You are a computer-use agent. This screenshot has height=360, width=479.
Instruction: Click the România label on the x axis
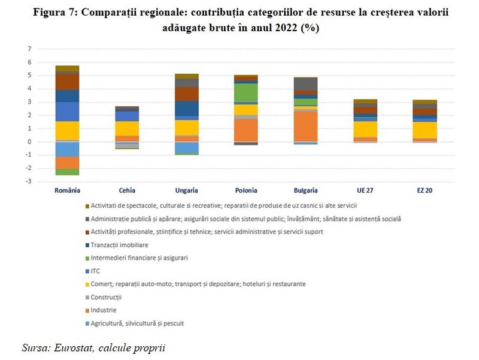tap(66, 190)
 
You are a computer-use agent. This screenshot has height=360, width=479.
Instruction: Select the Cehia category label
tap(127, 190)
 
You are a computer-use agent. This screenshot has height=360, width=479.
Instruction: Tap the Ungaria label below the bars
tap(186, 190)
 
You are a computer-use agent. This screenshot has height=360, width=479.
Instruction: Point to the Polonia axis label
tap(245, 190)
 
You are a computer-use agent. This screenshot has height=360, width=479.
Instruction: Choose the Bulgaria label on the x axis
tap(305, 190)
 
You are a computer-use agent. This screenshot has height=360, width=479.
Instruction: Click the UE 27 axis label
tap(365, 190)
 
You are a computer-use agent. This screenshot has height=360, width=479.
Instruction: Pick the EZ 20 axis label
tap(425, 190)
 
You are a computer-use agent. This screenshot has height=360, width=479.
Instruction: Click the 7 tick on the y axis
tap(29, 49)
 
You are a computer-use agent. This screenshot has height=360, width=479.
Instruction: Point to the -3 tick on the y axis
tap(28, 181)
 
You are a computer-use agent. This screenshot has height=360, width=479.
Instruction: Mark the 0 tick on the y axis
tap(29, 142)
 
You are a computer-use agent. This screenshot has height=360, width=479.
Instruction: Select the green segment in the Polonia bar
tap(245, 92)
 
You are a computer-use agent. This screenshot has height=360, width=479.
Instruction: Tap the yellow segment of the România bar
tap(67, 130)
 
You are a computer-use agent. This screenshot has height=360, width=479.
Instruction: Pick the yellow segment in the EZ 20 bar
tap(425, 130)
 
